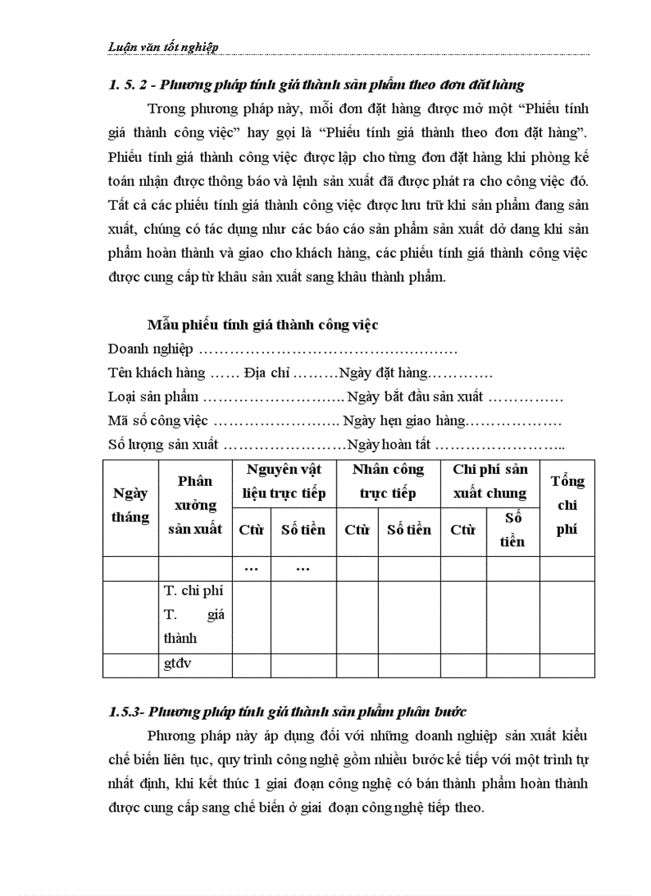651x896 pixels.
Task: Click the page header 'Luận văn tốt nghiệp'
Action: (163, 46)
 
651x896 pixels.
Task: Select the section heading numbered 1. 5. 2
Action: (316, 84)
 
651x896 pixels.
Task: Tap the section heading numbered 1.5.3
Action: (287, 711)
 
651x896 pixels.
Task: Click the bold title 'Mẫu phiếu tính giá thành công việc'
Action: (262, 325)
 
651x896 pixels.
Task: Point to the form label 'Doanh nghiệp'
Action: (151, 349)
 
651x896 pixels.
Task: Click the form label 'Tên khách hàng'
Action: (156, 373)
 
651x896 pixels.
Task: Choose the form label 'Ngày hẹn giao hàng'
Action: (403, 420)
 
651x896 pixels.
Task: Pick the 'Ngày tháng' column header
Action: (130, 505)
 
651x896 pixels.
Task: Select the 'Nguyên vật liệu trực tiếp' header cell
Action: (284, 481)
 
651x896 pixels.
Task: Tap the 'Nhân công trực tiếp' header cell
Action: (388, 481)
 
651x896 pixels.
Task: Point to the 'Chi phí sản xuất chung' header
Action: (490, 481)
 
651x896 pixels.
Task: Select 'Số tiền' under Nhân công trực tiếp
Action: (408, 530)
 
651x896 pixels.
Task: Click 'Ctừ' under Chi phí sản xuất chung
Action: (463, 530)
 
